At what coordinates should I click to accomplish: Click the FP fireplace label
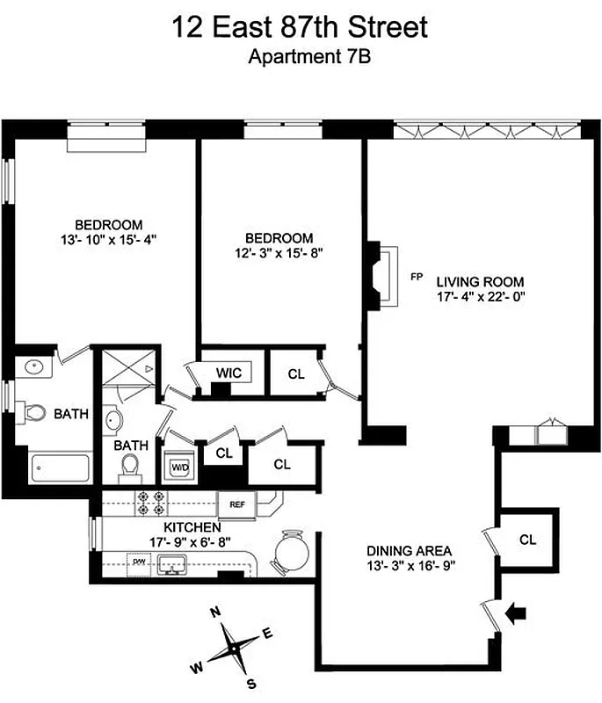(x=417, y=276)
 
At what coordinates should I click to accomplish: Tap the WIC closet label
(x=228, y=373)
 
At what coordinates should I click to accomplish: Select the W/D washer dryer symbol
(x=179, y=466)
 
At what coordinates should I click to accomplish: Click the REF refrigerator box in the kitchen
(x=236, y=504)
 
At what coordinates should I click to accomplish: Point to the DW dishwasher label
(x=138, y=560)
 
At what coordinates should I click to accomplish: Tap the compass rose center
(x=235, y=646)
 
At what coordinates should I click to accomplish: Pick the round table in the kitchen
(x=289, y=553)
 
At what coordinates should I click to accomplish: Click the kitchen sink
(x=178, y=563)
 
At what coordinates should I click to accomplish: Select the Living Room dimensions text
(x=481, y=297)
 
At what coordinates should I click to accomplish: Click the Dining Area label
(x=410, y=551)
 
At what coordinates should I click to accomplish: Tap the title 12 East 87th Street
(x=301, y=27)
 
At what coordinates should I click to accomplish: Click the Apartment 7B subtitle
(x=301, y=58)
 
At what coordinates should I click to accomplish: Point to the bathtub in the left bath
(x=62, y=467)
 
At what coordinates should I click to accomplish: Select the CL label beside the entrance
(x=527, y=540)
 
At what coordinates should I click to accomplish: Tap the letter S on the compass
(x=252, y=683)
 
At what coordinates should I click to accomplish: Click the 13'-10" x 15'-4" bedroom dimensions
(x=108, y=238)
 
